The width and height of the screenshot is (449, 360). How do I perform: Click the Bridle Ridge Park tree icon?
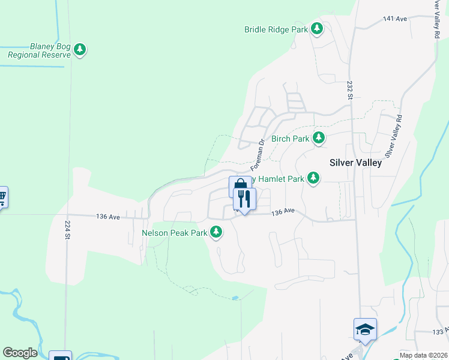pyautogui.click(x=316, y=29)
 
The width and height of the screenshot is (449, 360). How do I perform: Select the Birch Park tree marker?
pyautogui.click(x=319, y=139)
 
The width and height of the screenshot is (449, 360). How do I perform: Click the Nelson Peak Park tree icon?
pyautogui.click(x=216, y=233)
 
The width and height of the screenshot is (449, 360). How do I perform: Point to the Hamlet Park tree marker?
pyautogui.click(x=313, y=178)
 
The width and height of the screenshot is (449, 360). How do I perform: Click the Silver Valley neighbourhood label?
pyautogui.click(x=356, y=162)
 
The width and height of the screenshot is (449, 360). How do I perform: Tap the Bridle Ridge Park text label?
pyautogui.click(x=276, y=29)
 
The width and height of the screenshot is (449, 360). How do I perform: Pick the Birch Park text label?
pyautogui.click(x=291, y=139)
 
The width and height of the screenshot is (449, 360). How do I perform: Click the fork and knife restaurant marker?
pyautogui.click(x=244, y=199)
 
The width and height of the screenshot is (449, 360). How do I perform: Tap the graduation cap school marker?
pyautogui.click(x=365, y=329)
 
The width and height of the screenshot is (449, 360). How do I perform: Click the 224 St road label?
pyautogui.click(x=66, y=230)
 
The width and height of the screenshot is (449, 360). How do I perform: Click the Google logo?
pyautogui.click(x=20, y=353)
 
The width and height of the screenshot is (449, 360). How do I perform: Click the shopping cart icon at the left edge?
pyautogui.click(x=2, y=196)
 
